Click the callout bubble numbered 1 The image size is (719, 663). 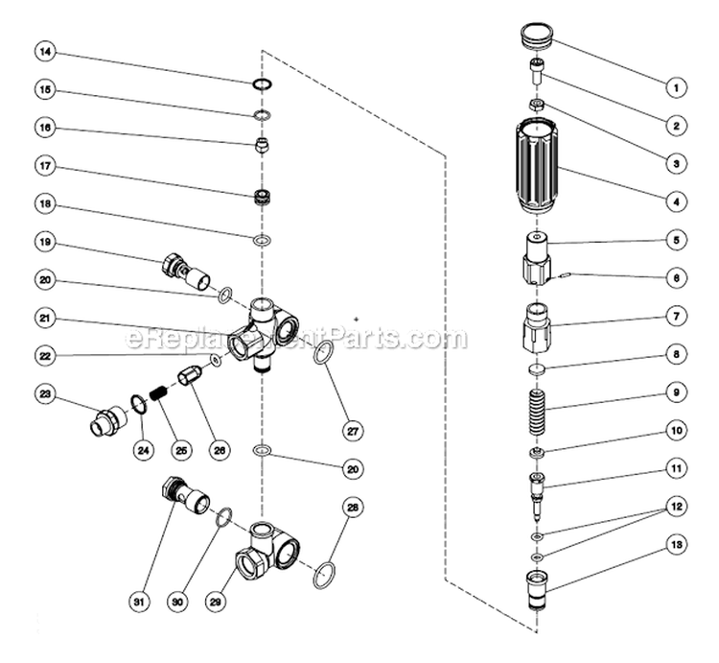[x=676, y=87]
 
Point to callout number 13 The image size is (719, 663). [x=676, y=545]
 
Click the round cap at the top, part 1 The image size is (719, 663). [x=536, y=40]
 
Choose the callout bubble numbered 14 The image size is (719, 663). [x=46, y=50]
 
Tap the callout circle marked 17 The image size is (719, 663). [x=46, y=165]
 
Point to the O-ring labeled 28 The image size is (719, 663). [x=326, y=572]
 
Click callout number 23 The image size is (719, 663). [x=46, y=393]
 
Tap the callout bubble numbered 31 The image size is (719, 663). [x=140, y=602]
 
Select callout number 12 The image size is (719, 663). [x=676, y=505]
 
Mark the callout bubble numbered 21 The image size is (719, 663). [x=46, y=318]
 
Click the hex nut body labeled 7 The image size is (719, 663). [x=537, y=326]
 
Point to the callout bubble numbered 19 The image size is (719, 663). [x=46, y=242]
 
